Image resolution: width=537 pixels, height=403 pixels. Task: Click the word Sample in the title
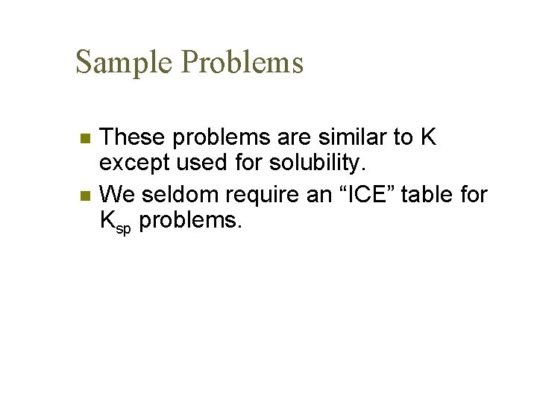point(124,62)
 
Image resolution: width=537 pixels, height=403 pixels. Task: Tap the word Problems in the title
point(242,62)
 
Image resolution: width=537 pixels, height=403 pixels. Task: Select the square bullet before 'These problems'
point(85,138)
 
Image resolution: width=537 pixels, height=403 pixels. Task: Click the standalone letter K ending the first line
point(427,137)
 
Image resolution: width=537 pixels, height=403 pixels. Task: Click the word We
point(118,196)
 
